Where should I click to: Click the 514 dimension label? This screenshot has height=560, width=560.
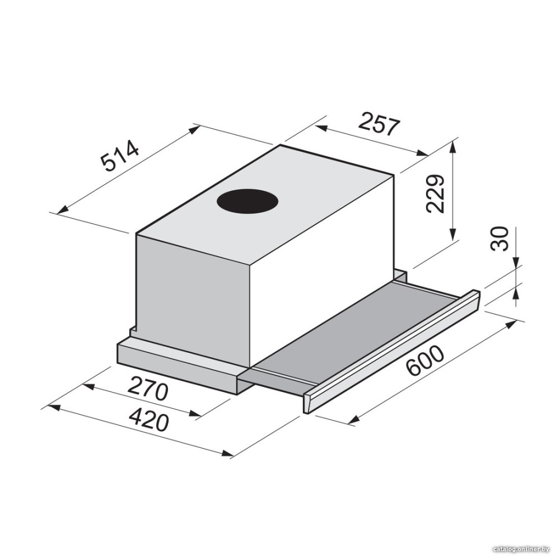pyautogui.click(x=119, y=156)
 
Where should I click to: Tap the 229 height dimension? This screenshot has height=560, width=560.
pyautogui.click(x=435, y=194)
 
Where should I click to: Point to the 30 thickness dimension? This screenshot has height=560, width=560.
pyautogui.click(x=499, y=238)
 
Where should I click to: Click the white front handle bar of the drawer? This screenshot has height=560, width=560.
pyautogui.click(x=391, y=352)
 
